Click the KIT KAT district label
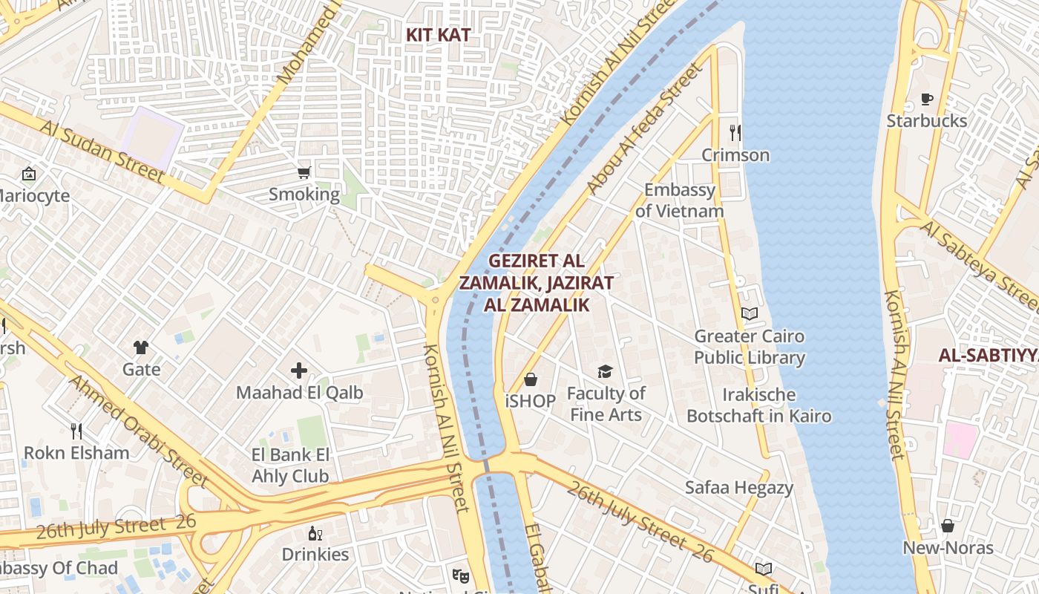[x=438, y=35]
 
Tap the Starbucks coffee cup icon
[x=926, y=99]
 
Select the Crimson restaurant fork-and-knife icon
[x=735, y=133]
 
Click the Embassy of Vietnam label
[x=679, y=200]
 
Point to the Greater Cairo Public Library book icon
[x=750, y=314]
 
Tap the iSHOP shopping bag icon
[x=531, y=380]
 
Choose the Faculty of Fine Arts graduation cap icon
[x=606, y=371]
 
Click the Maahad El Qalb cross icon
[x=299, y=370]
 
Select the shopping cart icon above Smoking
[x=304, y=173]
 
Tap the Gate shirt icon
[x=141, y=347]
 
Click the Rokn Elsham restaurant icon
[x=76, y=431]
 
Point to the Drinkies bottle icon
[x=315, y=533]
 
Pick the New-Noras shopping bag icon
[x=948, y=526]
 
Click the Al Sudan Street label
[x=102, y=151]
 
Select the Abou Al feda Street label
[x=643, y=130]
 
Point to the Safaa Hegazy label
[x=738, y=488]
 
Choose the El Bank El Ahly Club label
[x=290, y=466]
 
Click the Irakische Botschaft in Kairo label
[x=758, y=405]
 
